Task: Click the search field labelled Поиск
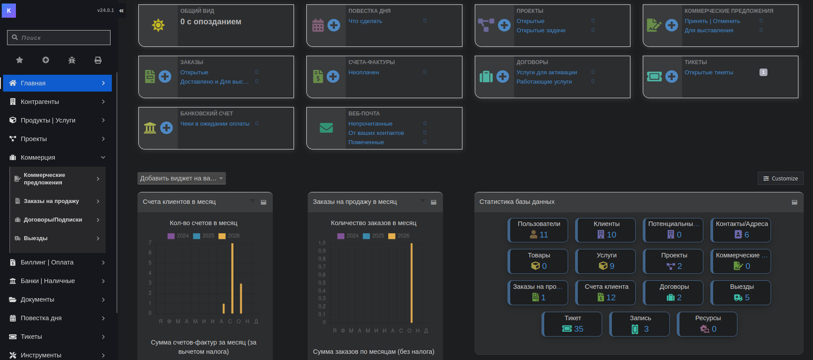(x=59, y=38)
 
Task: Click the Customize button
(x=780, y=178)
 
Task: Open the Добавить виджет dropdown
(x=182, y=178)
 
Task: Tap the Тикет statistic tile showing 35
(x=573, y=324)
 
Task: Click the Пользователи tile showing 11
(x=539, y=230)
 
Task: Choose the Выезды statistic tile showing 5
(x=741, y=293)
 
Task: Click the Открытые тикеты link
(x=709, y=73)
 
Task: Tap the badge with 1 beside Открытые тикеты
(x=763, y=73)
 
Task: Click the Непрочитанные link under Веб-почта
(x=370, y=124)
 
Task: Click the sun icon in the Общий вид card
(x=158, y=25)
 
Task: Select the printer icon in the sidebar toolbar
(x=98, y=60)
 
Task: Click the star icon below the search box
(x=19, y=60)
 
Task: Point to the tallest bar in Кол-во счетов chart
(x=233, y=278)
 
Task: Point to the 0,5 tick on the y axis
(x=322, y=283)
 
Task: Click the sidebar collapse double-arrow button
(x=122, y=11)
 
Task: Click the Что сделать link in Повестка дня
(x=365, y=21)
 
